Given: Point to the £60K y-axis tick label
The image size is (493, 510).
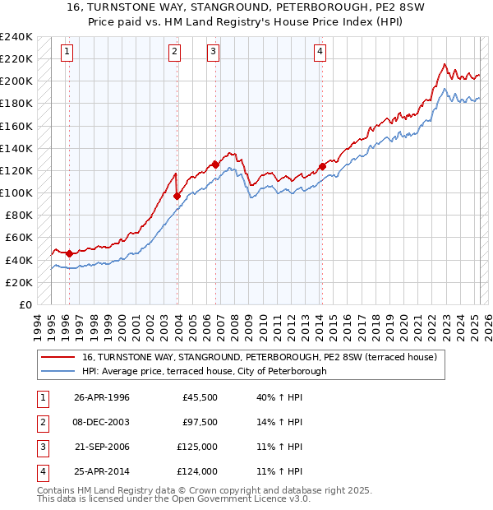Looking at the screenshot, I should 19,238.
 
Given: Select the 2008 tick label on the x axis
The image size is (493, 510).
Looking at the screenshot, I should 236,325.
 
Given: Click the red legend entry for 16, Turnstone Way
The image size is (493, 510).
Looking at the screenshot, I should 264,357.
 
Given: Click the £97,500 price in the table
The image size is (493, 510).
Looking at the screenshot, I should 200,422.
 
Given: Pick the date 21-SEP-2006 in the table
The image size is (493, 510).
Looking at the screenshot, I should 102,447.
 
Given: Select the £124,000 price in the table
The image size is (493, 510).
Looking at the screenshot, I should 198,471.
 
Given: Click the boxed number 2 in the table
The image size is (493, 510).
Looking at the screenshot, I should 41,422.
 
